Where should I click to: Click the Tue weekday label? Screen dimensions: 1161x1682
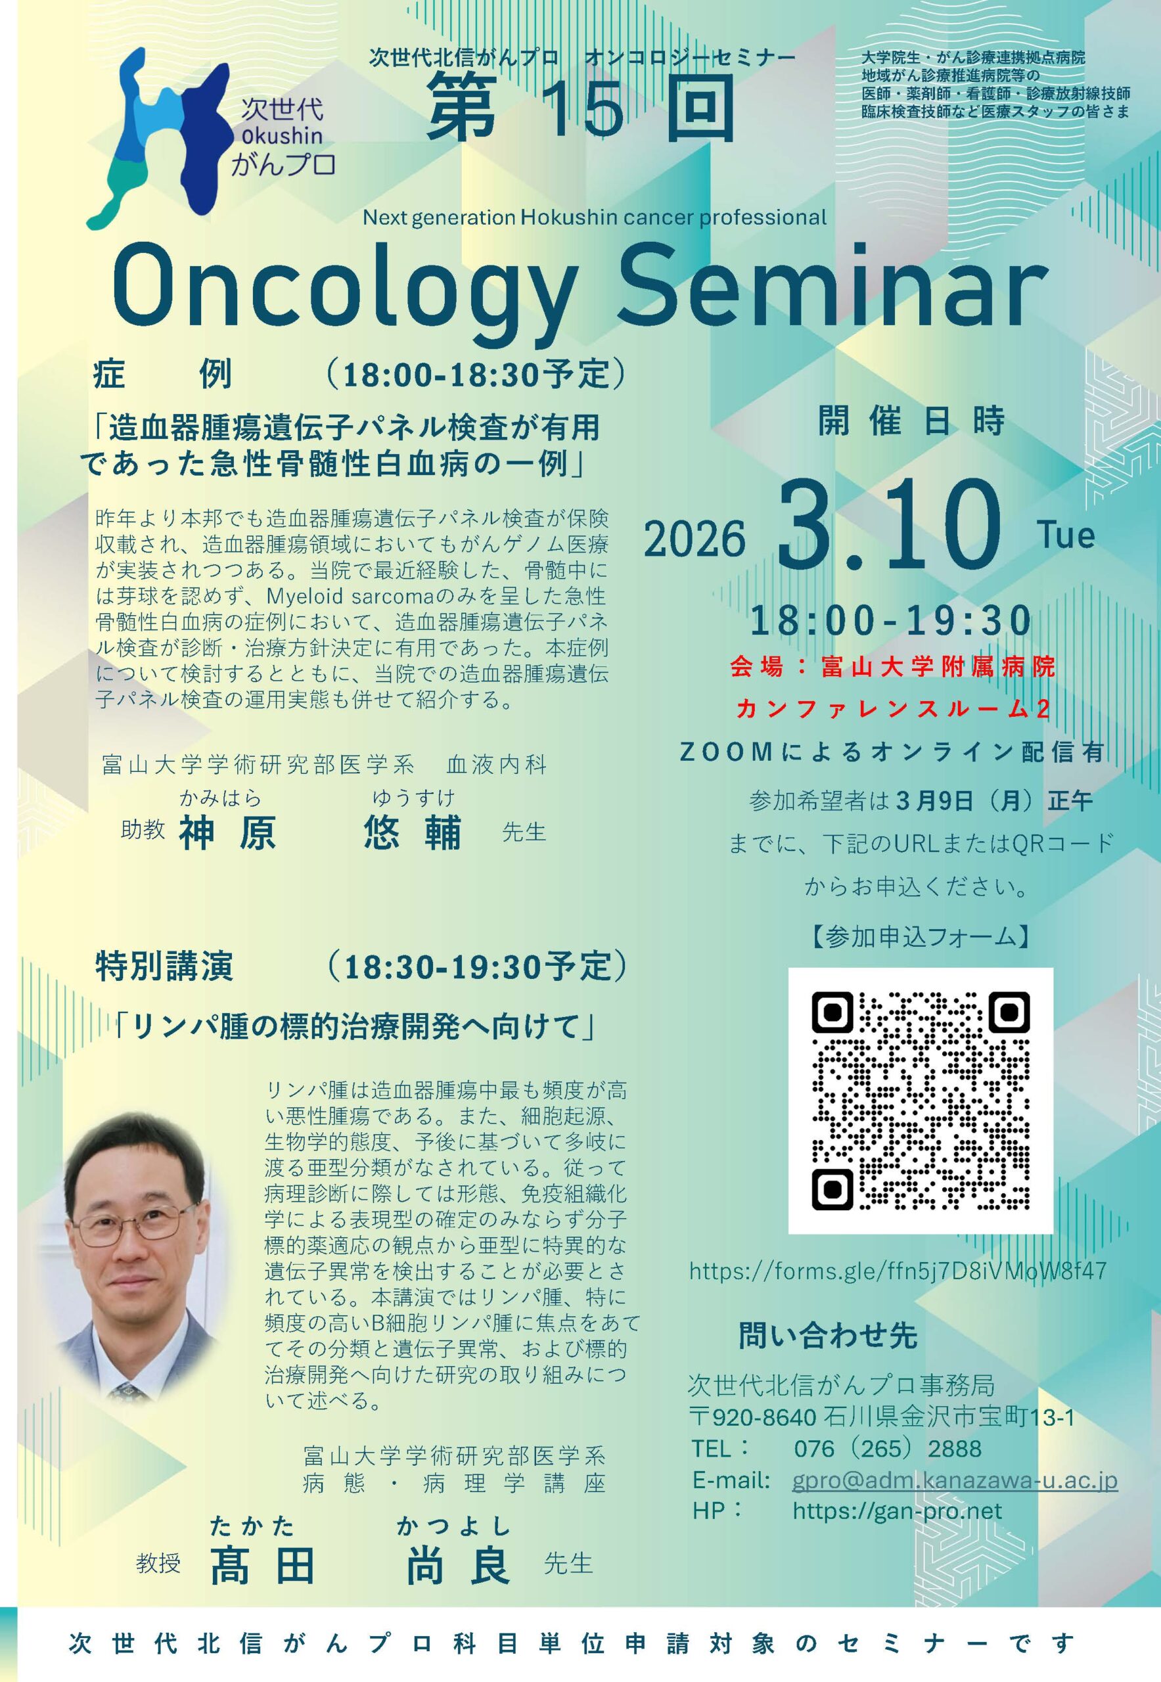pyautogui.click(x=1066, y=536)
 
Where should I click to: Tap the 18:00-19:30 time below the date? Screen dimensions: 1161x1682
pyautogui.click(x=891, y=620)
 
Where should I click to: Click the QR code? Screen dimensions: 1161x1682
pyautogui.click(x=921, y=1099)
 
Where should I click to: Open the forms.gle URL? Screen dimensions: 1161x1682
pyautogui.click(x=898, y=1271)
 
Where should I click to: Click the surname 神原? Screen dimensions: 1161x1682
pyautogui.click(x=228, y=833)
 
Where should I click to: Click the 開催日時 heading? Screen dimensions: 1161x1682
pyautogui.click(x=911, y=422)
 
